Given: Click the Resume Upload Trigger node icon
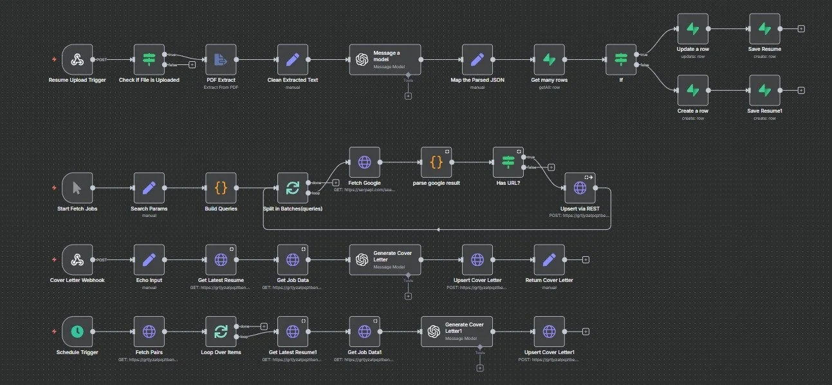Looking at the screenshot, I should pyautogui.click(x=77, y=60).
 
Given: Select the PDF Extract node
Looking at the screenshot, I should pyautogui.click(x=221, y=60).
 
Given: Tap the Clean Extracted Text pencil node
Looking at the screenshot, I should pyautogui.click(x=293, y=60).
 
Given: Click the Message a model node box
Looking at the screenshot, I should pyautogui.click(x=385, y=60).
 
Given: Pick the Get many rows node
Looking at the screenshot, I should pyautogui.click(x=549, y=60).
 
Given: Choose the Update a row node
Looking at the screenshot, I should pyautogui.click(x=692, y=29).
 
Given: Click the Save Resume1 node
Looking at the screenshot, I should pyautogui.click(x=764, y=91).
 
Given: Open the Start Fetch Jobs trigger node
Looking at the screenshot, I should pyautogui.click(x=77, y=188).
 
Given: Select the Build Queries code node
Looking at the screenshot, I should pyautogui.click(x=221, y=188).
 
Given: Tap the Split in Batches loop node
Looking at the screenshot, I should pyautogui.click(x=293, y=188).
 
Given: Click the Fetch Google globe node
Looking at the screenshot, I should pyautogui.click(x=364, y=162).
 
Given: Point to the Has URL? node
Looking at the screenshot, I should pyautogui.click(x=508, y=162).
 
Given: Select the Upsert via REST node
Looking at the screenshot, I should pyautogui.click(x=580, y=188).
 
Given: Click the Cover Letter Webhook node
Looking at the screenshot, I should pyautogui.click(x=77, y=259).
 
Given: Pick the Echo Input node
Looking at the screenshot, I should pyautogui.click(x=149, y=259).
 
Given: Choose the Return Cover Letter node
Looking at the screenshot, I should pyautogui.click(x=549, y=259).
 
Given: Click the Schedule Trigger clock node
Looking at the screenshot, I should pyautogui.click(x=77, y=332).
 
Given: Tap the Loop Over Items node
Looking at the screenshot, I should pyautogui.click(x=221, y=332).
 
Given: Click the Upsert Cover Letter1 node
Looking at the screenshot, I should pyautogui.click(x=549, y=332).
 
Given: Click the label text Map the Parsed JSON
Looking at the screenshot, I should pyautogui.click(x=477, y=80).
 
